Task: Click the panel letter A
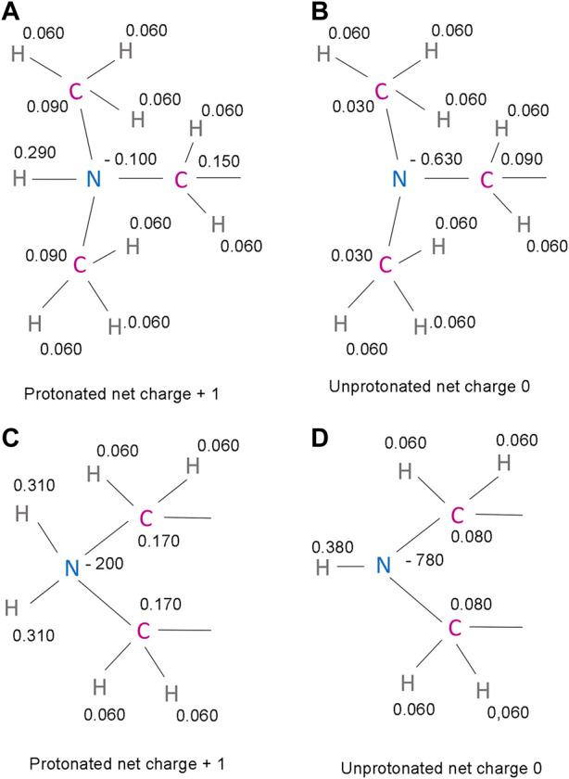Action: point(10,11)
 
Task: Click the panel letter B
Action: point(321,11)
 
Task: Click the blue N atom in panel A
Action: point(94,178)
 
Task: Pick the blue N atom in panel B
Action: point(399,178)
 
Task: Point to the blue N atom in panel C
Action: point(72,568)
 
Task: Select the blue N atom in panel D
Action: point(384,565)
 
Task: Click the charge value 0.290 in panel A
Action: point(35,152)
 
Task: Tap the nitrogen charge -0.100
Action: point(131,160)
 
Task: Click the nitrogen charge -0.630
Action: point(436,160)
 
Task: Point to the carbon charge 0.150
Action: point(219,161)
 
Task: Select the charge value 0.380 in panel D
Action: point(333,547)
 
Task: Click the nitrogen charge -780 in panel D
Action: point(424,560)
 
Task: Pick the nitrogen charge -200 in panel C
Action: point(104,564)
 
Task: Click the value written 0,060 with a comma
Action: point(508,712)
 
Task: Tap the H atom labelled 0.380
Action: point(322,568)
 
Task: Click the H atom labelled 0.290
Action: point(19,178)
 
